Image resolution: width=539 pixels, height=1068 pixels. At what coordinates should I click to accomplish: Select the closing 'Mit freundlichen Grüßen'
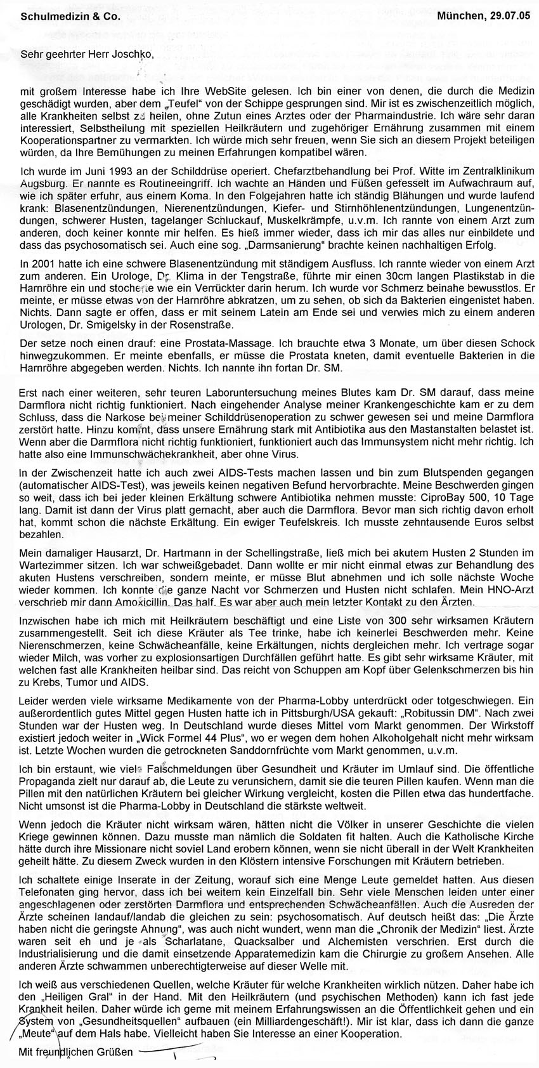coord(76,1052)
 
